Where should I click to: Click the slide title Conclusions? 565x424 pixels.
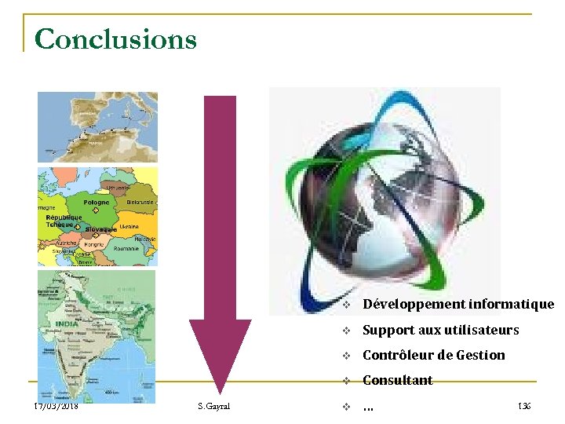pos(115,38)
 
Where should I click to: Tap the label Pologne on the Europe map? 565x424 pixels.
pos(97,203)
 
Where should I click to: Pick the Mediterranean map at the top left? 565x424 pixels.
pos(97,126)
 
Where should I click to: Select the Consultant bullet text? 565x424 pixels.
pos(397,380)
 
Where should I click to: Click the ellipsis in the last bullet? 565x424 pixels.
pos(367,407)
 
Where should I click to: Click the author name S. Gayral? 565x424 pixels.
pos(214,406)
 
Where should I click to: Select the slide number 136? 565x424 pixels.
pos(523,406)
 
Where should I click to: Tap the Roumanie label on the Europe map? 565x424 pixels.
pos(126,248)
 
